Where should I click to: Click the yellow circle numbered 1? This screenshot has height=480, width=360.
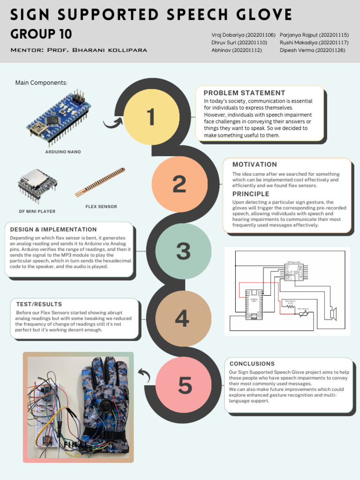coord(151,117)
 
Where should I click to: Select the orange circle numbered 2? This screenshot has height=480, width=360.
coord(179,184)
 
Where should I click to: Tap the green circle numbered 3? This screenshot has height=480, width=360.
coord(183,251)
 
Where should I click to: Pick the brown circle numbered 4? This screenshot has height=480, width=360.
coord(182,318)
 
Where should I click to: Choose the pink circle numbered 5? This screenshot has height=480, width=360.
coord(185,385)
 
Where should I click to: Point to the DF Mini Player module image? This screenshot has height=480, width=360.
coord(37,186)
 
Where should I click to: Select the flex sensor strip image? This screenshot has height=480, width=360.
coord(100,182)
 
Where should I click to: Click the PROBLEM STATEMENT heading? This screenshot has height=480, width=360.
coord(244,93)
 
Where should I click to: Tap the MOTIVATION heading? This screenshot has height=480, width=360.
coord(255,165)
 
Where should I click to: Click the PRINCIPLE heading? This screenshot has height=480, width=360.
coord(251,194)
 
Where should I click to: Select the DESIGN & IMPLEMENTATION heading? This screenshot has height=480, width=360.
coord(53,230)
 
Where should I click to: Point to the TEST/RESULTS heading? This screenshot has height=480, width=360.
coord(39,304)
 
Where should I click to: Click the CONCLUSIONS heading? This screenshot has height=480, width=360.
coord(252,364)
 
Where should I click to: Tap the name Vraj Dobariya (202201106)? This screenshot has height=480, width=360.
coord(243,35)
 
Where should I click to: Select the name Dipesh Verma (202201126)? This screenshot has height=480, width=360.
coord(312,50)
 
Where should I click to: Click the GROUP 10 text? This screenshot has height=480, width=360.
coord(41,34)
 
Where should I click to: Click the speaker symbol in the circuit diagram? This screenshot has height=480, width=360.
coord(334,313)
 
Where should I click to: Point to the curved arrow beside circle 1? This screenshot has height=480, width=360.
coord(112,123)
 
